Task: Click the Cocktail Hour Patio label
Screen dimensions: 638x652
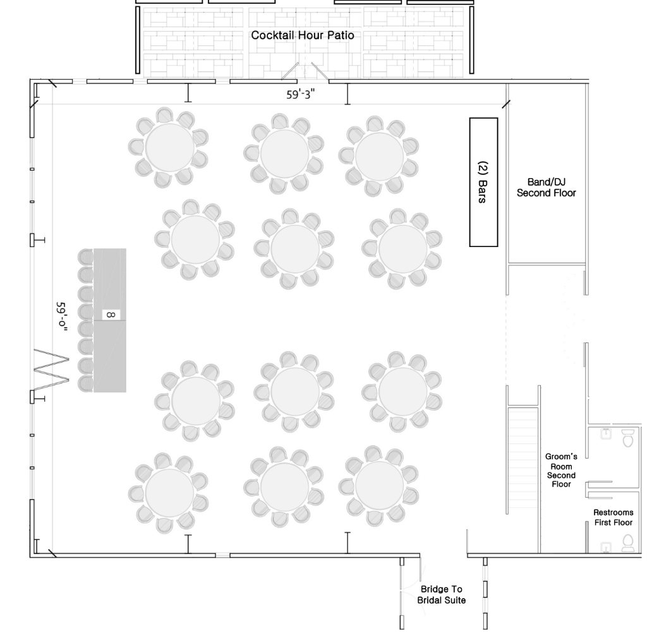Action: click(x=303, y=35)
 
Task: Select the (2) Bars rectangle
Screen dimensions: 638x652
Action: click(x=483, y=182)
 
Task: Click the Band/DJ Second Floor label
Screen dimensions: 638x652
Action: click(x=546, y=188)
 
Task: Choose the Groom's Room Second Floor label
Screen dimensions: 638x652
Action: click(x=561, y=470)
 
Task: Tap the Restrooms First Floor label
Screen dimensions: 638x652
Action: click(x=612, y=517)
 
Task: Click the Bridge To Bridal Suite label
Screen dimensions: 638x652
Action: click(x=442, y=594)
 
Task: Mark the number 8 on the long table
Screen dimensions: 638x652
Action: click(x=110, y=314)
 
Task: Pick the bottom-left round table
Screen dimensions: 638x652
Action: click(x=169, y=492)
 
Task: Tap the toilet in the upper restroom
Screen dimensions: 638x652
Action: click(x=628, y=438)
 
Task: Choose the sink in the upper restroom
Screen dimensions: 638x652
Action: click(x=605, y=434)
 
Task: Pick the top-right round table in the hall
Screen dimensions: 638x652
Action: click(x=379, y=156)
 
